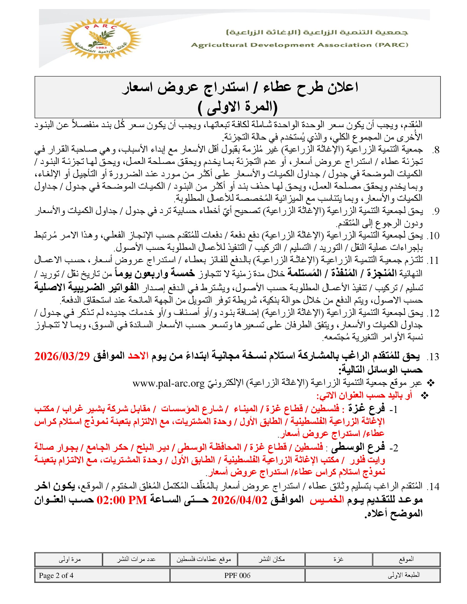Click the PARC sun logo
click(x=101, y=38)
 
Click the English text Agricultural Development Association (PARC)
click(x=299, y=45)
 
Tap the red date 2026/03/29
click(x=62, y=356)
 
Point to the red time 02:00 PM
click(x=122, y=500)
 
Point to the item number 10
click(x=433, y=236)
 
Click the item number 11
click(x=433, y=261)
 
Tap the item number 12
click(x=433, y=313)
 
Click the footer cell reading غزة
click(x=338, y=560)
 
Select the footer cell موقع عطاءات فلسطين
click(x=204, y=560)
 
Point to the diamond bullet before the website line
click(x=431, y=383)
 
